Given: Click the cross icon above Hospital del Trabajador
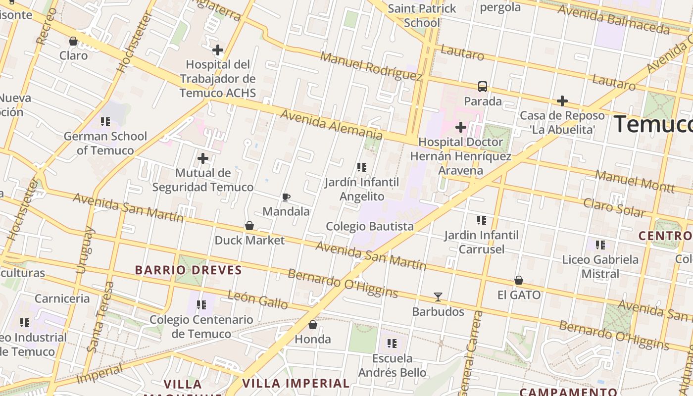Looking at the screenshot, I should (x=217, y=50).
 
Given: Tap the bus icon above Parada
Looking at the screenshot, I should (x=483, y=87).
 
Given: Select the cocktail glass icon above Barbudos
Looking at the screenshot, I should (x=438, y=297).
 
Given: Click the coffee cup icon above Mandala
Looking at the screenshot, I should (x=286, y=198).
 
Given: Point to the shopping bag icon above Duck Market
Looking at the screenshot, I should (x=249, y=226).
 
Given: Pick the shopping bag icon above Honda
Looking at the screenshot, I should (x=313, y=325).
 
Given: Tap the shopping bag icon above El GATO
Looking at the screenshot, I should (x=519, y=281).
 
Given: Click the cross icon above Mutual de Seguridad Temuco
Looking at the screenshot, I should (x=202, y=158).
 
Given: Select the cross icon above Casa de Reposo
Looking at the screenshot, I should (x=562, y=101).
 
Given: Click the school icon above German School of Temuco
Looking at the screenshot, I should (x=105, y=121).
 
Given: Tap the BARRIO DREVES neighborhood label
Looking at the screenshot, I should (x=189, y=270).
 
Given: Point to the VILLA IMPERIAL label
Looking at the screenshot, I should (x=296, y=383).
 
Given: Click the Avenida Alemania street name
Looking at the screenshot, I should (x=332, y=124).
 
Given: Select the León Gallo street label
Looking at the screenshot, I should (x=257, y=299).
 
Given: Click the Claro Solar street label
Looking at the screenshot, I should (x=614, y=208).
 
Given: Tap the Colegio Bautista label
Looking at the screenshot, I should (x=370, y=226).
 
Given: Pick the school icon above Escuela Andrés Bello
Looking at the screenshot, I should (x=392, y=343).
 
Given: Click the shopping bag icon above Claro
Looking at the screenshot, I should (x=73, y=41).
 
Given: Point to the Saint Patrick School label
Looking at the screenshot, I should (x=422, y=15).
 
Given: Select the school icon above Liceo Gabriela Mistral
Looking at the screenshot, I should (x=600, y=245).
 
